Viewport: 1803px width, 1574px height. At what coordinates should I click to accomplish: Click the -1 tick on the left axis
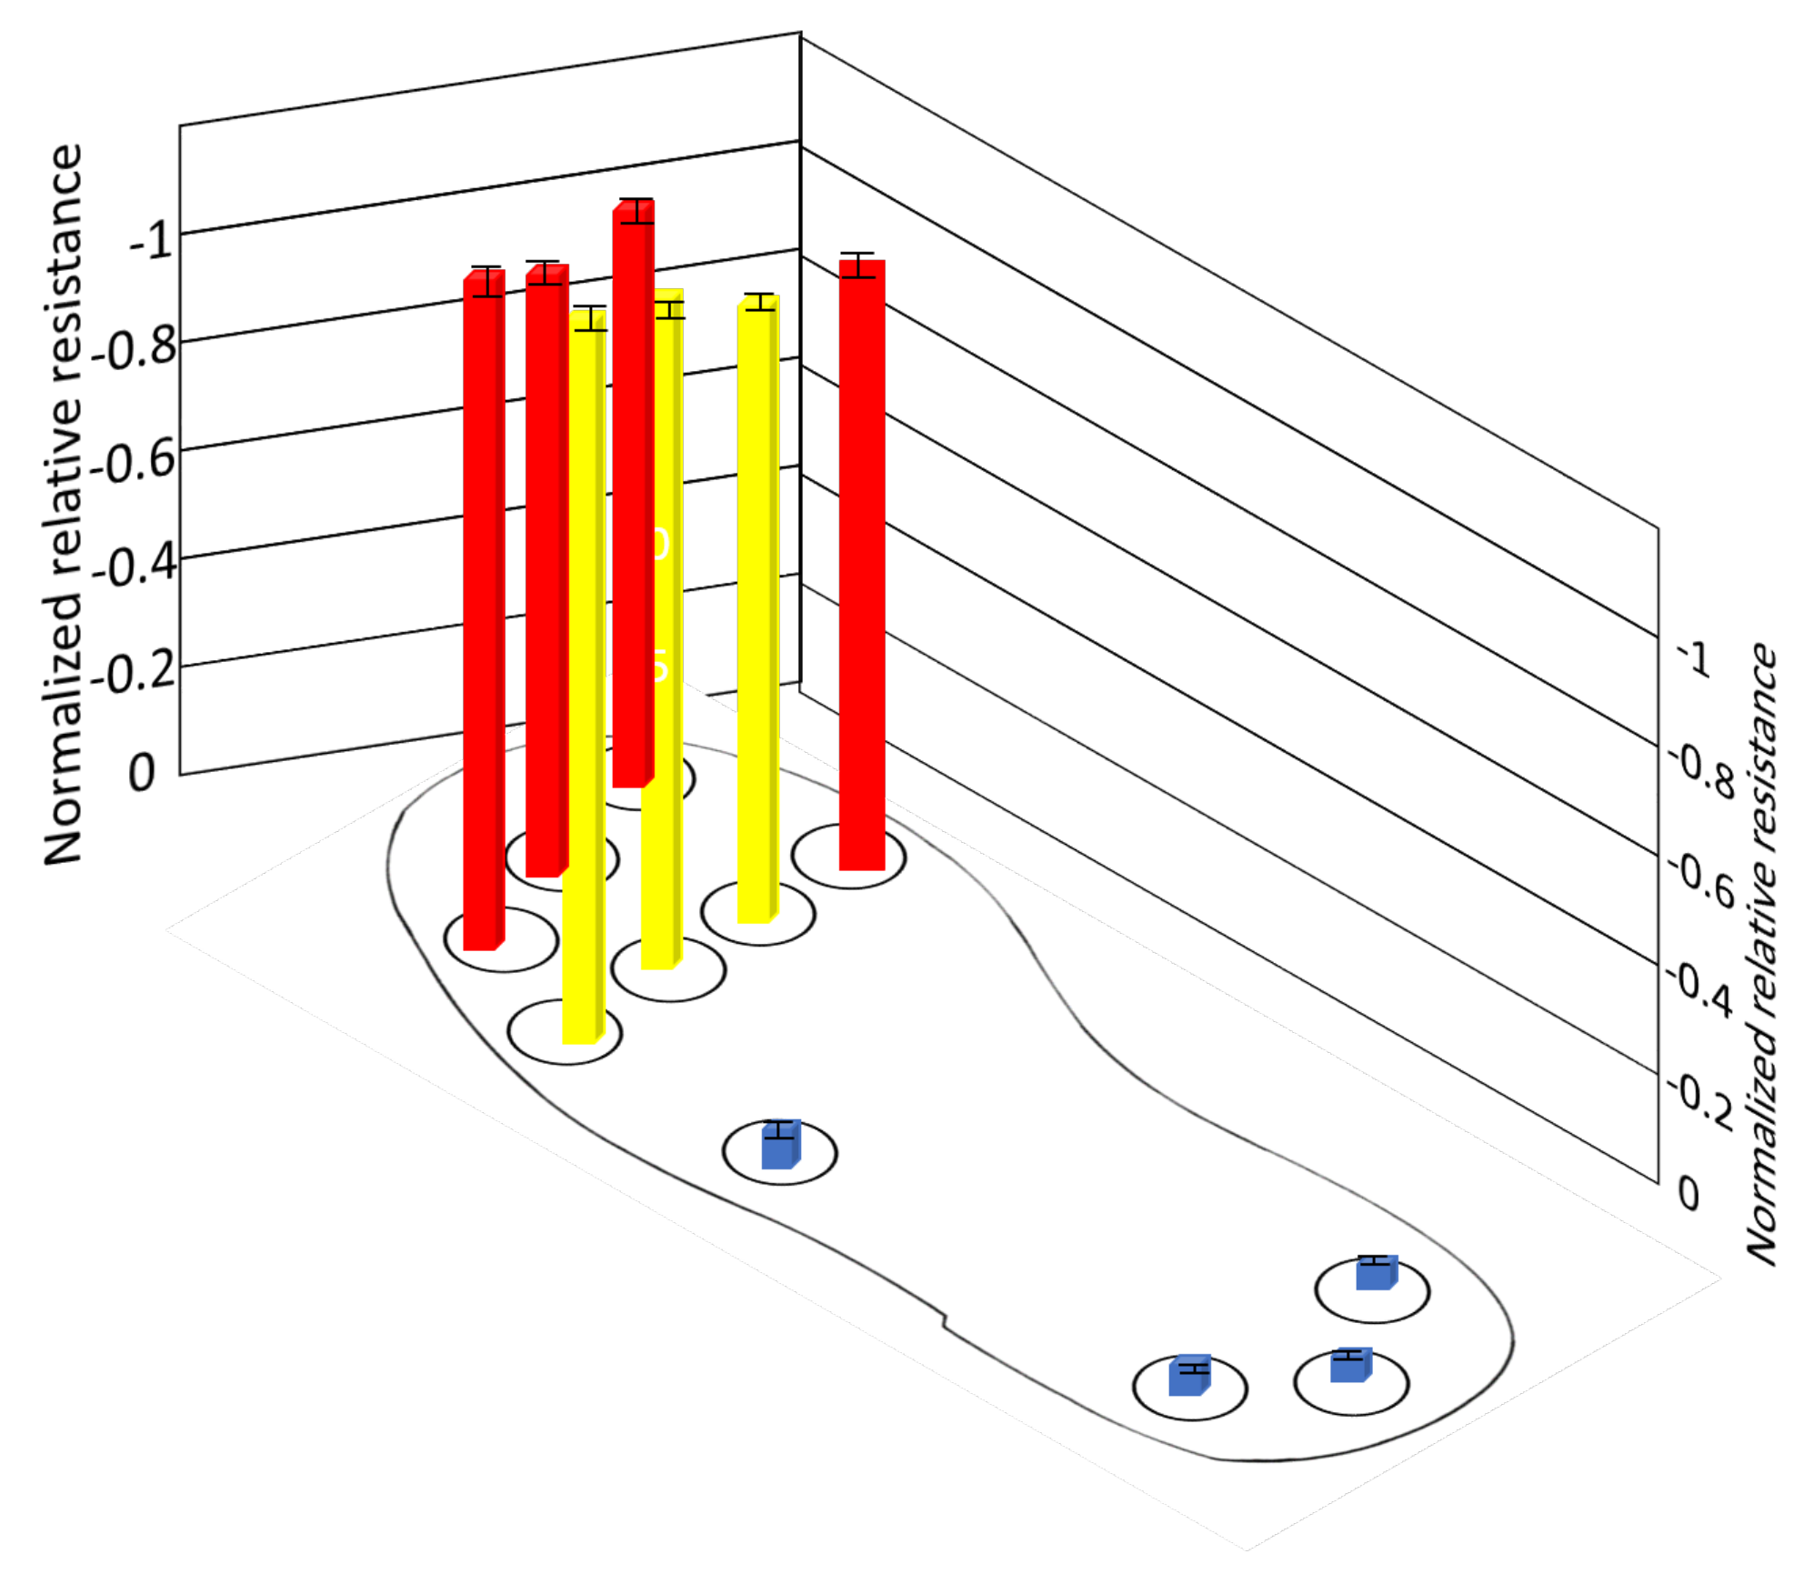coord(151,241)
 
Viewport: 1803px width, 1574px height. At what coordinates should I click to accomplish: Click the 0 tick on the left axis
coord(142,774)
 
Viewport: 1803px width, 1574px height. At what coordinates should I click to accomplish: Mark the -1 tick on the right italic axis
coord(1697,657)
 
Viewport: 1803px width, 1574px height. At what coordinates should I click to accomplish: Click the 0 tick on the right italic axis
coord(1688,1192)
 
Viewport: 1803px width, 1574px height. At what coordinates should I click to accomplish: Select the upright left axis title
coord(64,505)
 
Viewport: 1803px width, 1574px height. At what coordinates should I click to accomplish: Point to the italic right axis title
coord(1761,955)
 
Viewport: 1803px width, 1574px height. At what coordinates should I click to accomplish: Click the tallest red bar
coord(633,496)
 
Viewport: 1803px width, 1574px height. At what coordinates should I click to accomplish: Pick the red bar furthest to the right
coord(861,564)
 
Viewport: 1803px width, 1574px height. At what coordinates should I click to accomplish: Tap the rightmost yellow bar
coord(757,609)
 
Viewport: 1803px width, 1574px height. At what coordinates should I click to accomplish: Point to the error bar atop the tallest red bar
coord(637,211)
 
